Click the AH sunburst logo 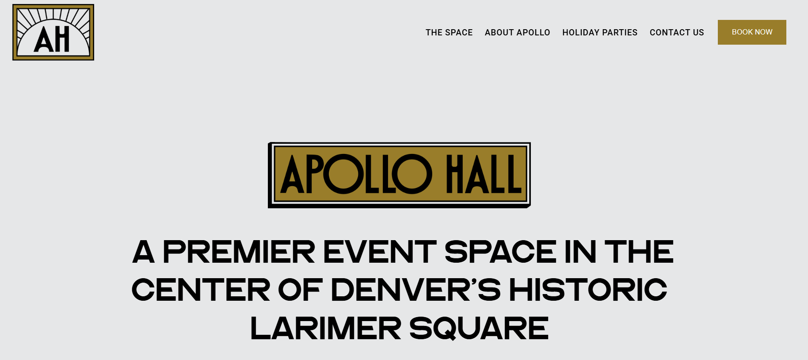click(x=53, y=32)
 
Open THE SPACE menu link click(x=449, y=32)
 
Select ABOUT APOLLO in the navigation click(x=517, y=32)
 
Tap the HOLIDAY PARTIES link click(x=599, y=32)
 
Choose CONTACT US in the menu click(x=676, y=32)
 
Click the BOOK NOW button click(x=751, y=32)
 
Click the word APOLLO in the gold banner click(x=356, y=174)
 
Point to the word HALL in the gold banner click(x=484, y=174)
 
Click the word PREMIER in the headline click(x=239, y=252)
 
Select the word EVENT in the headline click(x=380, y=252)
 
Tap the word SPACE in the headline click(x=500, y=252)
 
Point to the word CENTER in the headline click(x=201, y=290)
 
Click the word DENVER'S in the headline click(x=415, y=290)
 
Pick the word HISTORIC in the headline click(x=588, y=290)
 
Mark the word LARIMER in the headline click(x=326, y=329)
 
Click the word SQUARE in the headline click(x=479, y=329)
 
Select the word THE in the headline click(x=639, y=252)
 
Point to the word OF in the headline click(x=300, y=290)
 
